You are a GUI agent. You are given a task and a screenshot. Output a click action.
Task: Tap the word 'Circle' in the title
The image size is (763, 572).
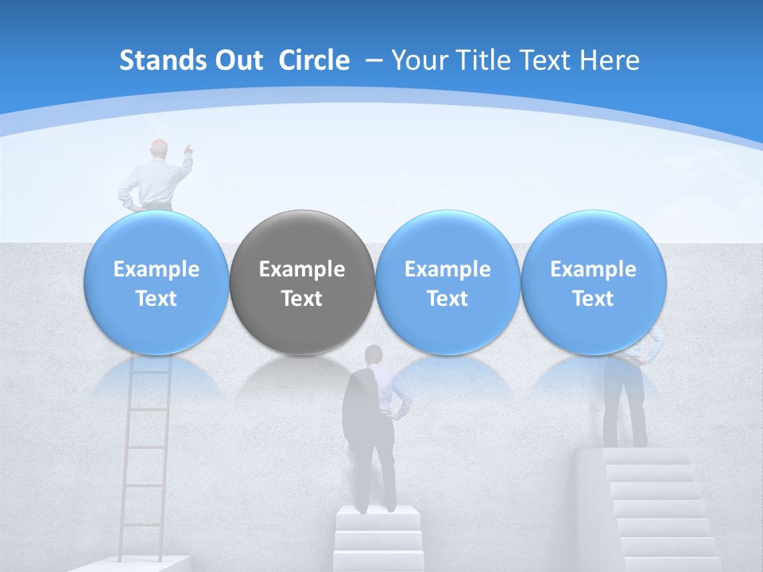[314, 60]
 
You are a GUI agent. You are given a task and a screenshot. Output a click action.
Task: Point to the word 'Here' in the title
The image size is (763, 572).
[610, 60]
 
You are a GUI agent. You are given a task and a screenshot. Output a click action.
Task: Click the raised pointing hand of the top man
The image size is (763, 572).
[188, 148]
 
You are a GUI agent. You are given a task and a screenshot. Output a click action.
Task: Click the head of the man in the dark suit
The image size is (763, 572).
[372, 355]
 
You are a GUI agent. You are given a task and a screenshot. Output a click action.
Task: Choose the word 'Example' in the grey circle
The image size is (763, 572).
[302, 269]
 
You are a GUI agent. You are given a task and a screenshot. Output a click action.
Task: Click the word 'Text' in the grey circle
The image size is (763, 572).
[302, 299]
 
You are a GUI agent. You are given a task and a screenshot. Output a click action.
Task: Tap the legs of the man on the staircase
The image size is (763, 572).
[625, 409]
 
